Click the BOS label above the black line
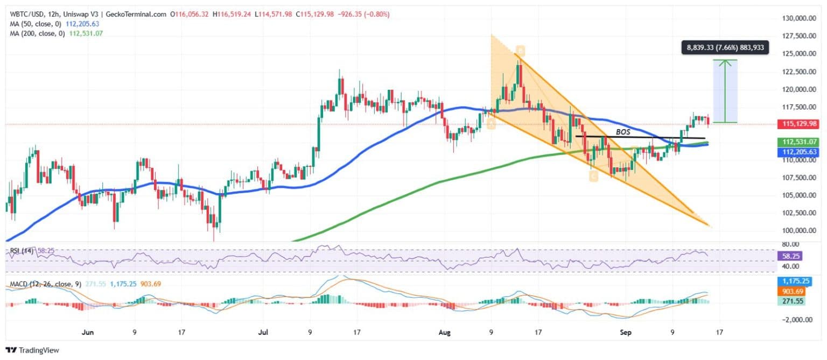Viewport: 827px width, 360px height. click(622, 131)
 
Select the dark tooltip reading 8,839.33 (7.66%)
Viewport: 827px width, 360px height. click(725, 48)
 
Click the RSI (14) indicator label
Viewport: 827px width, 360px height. click(20, 251)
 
